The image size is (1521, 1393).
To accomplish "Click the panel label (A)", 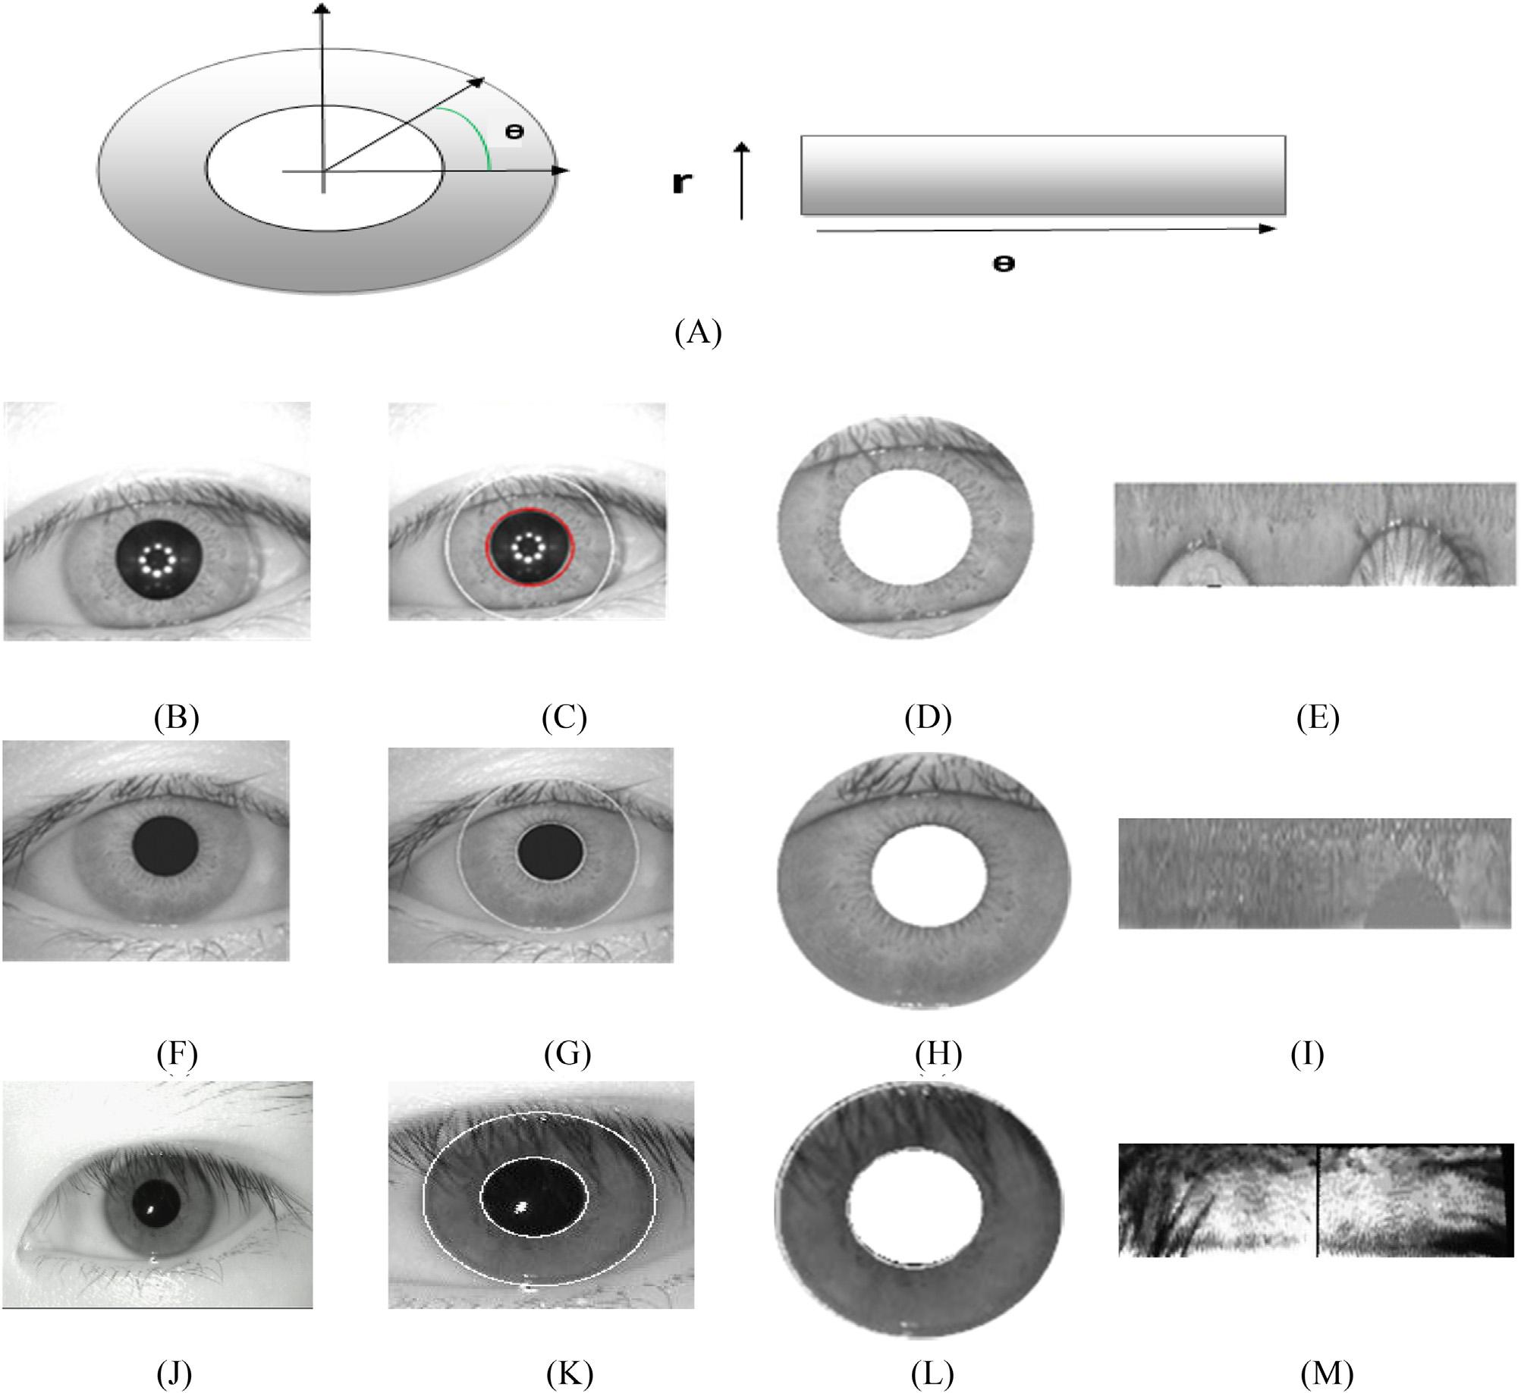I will pos(697,333).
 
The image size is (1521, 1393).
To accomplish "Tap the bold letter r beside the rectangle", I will pos(681,184).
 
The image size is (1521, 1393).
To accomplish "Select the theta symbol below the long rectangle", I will pos(1004,264).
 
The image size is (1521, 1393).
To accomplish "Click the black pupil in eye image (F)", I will pos(165,848).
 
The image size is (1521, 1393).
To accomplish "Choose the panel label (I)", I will pos(1307,1054).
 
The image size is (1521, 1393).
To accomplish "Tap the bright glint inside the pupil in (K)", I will pos(522,1206).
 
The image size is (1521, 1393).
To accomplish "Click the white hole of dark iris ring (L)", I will pos(913,1209).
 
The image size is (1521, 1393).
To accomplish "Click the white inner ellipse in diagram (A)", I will pos(325,167).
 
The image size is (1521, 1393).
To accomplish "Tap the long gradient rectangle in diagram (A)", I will pos(1043,174).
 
